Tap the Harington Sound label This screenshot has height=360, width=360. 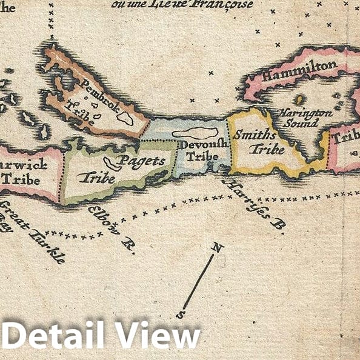304,117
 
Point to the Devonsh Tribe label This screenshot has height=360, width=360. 203,150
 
